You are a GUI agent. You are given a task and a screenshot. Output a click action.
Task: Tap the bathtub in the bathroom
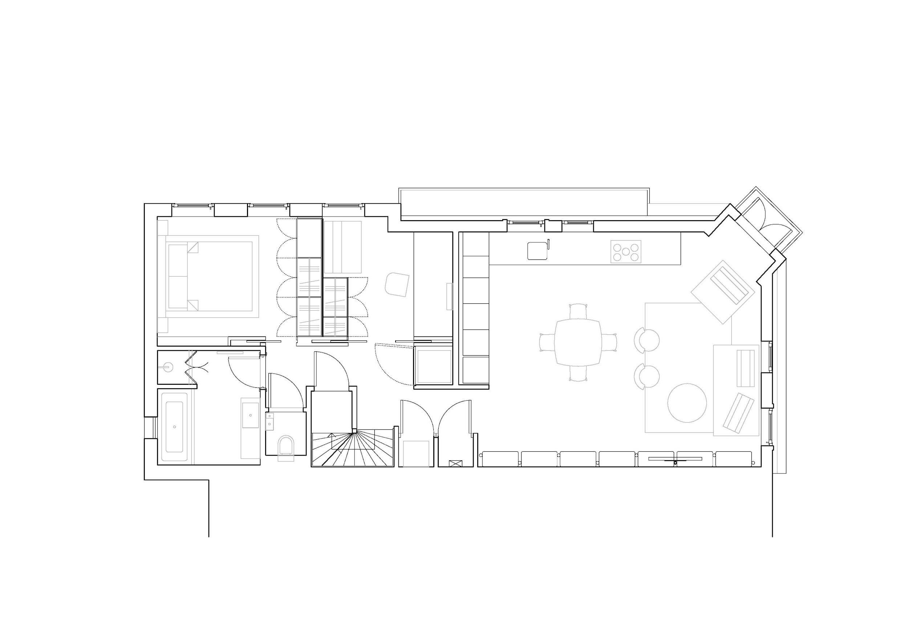pyautogui.click(x=174, y=427)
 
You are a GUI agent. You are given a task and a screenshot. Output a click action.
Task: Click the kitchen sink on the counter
pyautogui.click(x=537, y=251)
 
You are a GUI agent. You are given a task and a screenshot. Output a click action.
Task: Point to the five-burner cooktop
pyautogui.click(x=626, y=251)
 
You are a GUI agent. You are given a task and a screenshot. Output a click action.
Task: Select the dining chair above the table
pyautogui.click(x=578, y=311)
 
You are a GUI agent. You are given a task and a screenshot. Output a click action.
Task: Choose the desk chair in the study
pyautogui.click(x=397, y=284)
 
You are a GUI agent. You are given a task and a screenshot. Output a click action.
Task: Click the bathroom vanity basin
pyautogui.click(x=250, y=415)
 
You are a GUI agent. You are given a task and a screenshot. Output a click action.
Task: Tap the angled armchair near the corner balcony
pyautogui.click(x=723, y=291)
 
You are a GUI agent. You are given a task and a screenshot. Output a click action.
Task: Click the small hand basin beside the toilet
pyautogui.click(x=270, y=421)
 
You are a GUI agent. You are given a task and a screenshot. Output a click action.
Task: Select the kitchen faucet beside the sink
pyautogui.click(x=548, y=244)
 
